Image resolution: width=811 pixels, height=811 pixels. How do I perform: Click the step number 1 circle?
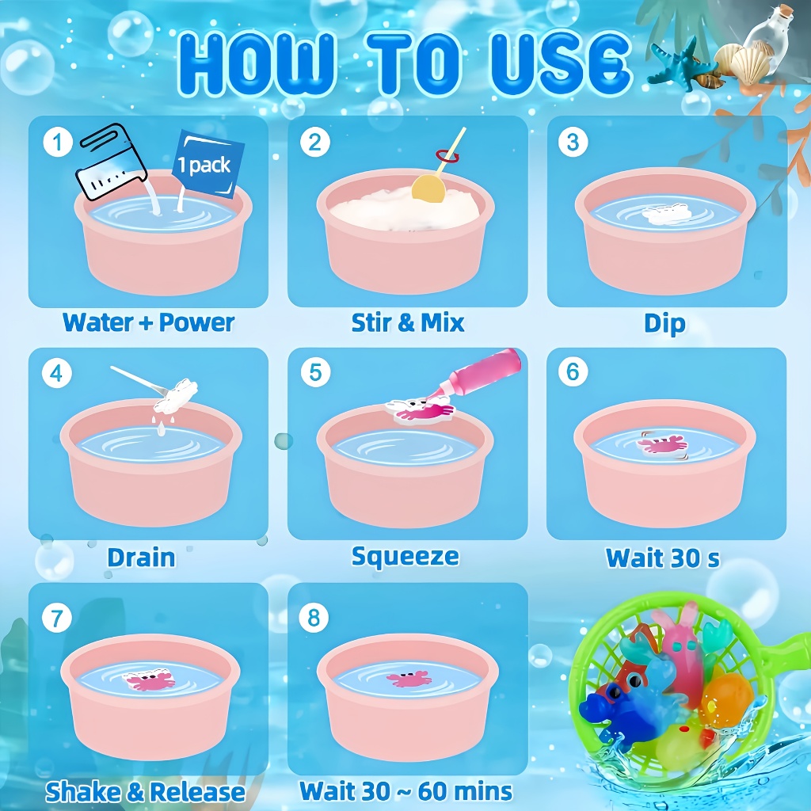(x=57, y=142)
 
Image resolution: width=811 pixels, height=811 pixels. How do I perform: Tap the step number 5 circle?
(x=315, y=372)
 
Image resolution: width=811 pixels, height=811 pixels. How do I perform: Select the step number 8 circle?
(x=314, y=618)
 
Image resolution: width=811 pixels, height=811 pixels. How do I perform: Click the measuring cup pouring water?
(x=111, y=162)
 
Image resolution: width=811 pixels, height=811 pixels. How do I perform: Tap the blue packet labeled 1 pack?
(x=208, y=164)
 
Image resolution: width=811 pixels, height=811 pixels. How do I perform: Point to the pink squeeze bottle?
(x=480, y=374)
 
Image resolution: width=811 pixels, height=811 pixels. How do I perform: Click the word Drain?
(x=141, y=558)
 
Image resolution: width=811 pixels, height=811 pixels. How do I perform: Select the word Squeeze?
(x=405, y=557)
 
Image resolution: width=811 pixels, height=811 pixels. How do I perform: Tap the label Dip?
(x=664, y=324)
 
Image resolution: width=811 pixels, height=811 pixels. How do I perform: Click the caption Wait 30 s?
(x=663, y=558)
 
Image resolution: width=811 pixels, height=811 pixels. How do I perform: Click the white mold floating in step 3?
(x=667, y=214)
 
